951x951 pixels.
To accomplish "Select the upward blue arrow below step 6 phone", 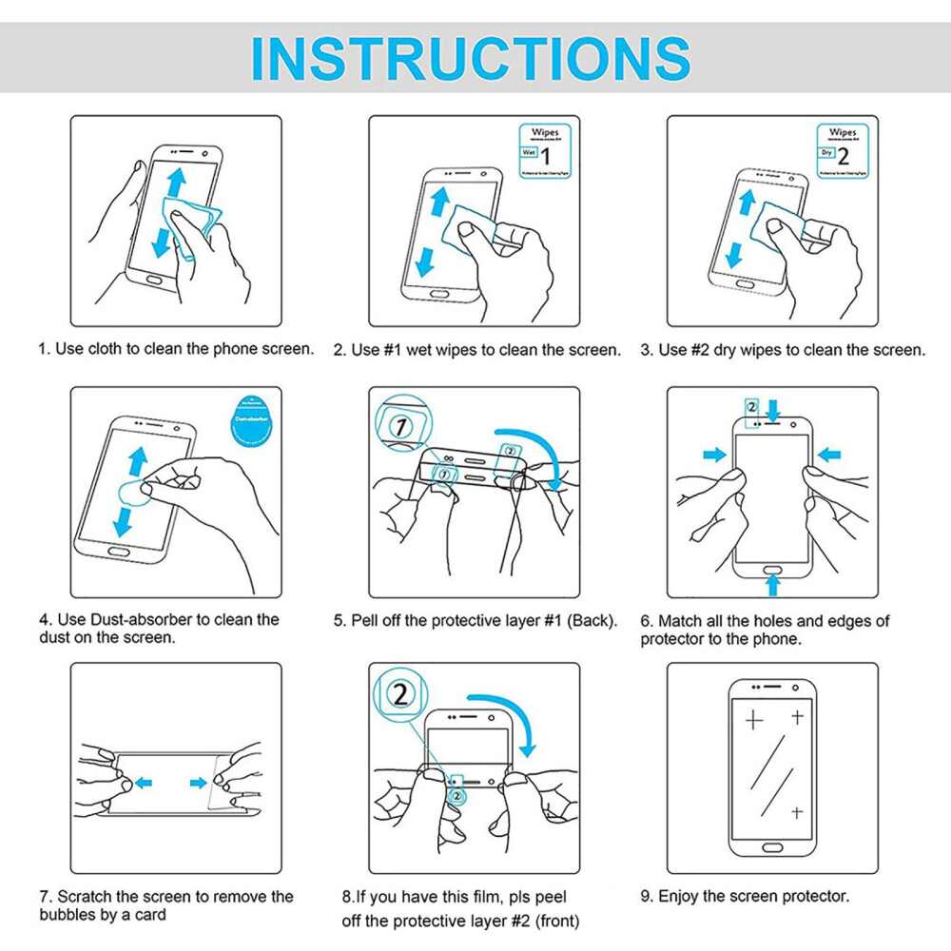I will pyautogui.click(x=772, y=574).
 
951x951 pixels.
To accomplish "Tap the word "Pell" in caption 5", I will pyautogui.click(x=368, y=621).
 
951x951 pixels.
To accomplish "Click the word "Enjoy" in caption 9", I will pyautogui.click(x=680, y=896).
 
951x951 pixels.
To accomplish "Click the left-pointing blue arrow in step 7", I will pyautogui.click(x=143, y=783).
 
